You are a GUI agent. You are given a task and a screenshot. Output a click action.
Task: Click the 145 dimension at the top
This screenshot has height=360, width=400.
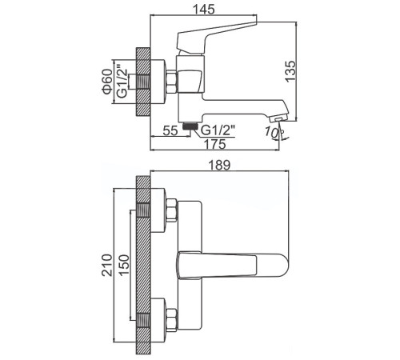pyautogui.click(x=214, y=10)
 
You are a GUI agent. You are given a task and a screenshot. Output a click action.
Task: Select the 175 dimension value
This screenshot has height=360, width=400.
pyautogui.click(x=212, y=144)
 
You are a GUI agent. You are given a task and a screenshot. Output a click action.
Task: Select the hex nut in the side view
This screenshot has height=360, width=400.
pyautogui.click(x=171, y=82)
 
